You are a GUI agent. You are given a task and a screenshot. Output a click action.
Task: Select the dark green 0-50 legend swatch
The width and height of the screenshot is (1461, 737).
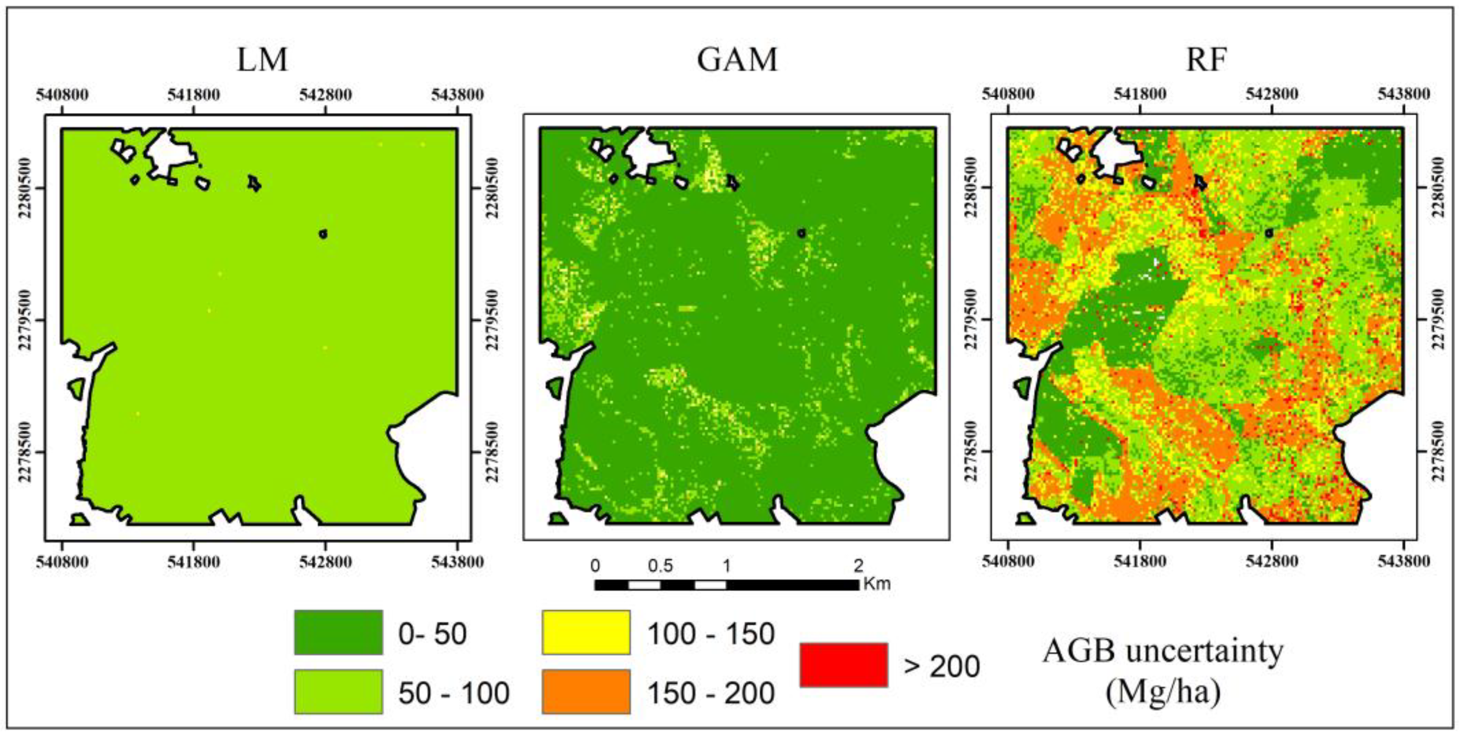[338, 632]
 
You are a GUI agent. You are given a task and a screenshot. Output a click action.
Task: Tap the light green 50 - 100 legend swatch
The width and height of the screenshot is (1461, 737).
[338, 691]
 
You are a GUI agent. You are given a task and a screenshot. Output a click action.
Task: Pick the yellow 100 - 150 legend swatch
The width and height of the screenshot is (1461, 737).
[586, 632]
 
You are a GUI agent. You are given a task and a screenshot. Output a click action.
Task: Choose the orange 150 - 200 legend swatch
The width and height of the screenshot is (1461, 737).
[586, 691]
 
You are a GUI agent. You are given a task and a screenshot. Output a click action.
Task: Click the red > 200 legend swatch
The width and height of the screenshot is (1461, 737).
[843, 664]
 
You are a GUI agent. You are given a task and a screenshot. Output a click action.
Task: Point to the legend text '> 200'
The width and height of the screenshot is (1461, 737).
[942, 666]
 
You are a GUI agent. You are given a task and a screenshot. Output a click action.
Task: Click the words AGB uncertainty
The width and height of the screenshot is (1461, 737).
[1163, 651]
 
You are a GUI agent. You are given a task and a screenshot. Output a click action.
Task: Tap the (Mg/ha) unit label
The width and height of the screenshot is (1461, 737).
[1163, 692]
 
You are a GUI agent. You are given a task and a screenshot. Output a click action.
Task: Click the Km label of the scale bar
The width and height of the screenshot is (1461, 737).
[877, 583]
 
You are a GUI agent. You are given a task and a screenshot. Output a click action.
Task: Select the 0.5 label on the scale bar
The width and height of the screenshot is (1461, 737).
[661, 565]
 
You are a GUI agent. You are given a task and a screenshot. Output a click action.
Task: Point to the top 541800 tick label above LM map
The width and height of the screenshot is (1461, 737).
[193, 94]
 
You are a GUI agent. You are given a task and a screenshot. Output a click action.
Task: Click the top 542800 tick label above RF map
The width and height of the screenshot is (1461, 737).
[1272, 94]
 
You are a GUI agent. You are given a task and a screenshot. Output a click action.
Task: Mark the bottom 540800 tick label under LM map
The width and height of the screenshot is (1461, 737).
[62, 562]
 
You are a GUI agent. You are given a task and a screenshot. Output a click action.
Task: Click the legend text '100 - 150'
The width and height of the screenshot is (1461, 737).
[711, 634]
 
